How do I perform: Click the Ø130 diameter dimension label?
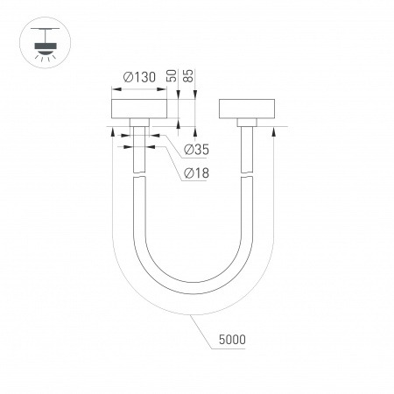click(x=139, y=78)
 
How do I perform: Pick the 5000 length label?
click(x=232, y=338)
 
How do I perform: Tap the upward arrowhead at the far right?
click(x=276, y=131)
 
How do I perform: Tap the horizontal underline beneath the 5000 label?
click(x=232, y=348)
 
